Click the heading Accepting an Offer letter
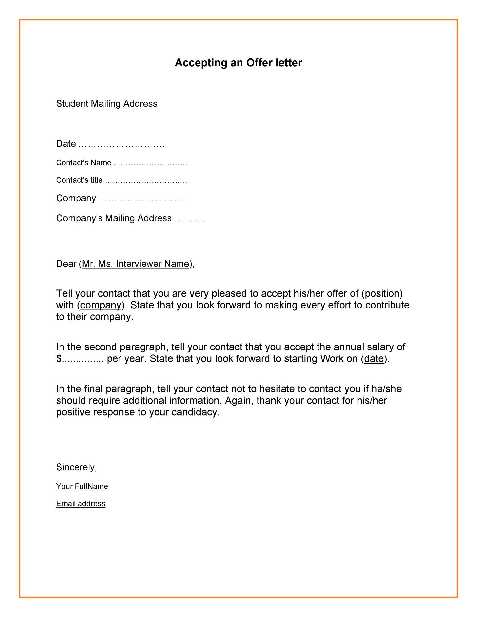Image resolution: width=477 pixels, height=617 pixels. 238,63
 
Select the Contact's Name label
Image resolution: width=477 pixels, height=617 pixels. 83,163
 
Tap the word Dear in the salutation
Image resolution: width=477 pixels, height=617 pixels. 66,264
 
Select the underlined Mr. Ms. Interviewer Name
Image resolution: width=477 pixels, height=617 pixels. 135,264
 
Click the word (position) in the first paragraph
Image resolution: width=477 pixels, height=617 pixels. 382,293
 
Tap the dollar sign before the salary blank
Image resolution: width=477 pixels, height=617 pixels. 59,359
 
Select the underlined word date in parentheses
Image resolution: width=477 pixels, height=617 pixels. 374,359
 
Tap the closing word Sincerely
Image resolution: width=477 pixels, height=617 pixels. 76,467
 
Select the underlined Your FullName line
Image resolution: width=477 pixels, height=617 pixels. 82,486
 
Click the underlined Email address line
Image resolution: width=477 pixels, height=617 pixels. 80,504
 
